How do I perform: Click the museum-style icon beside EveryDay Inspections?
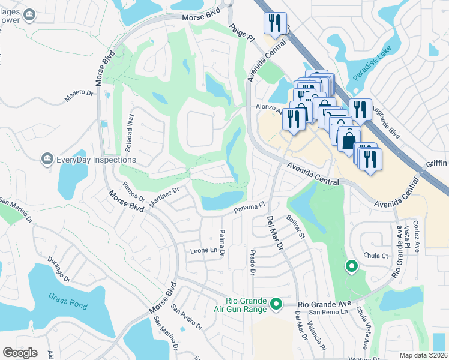coord(46,159)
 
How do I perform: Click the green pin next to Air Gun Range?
coord(276,305)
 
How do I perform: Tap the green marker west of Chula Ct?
coord(351,266)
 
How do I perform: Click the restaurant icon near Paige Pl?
coord(274,24)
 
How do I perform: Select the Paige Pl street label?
coord(243,33)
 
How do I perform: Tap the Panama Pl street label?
coord(249,208)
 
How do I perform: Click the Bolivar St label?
coord(295,227)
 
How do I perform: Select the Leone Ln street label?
coord(203,250)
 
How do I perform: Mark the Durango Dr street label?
coord(59,272)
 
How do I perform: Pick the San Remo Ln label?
coord(328,312)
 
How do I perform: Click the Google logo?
coord(20,353)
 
